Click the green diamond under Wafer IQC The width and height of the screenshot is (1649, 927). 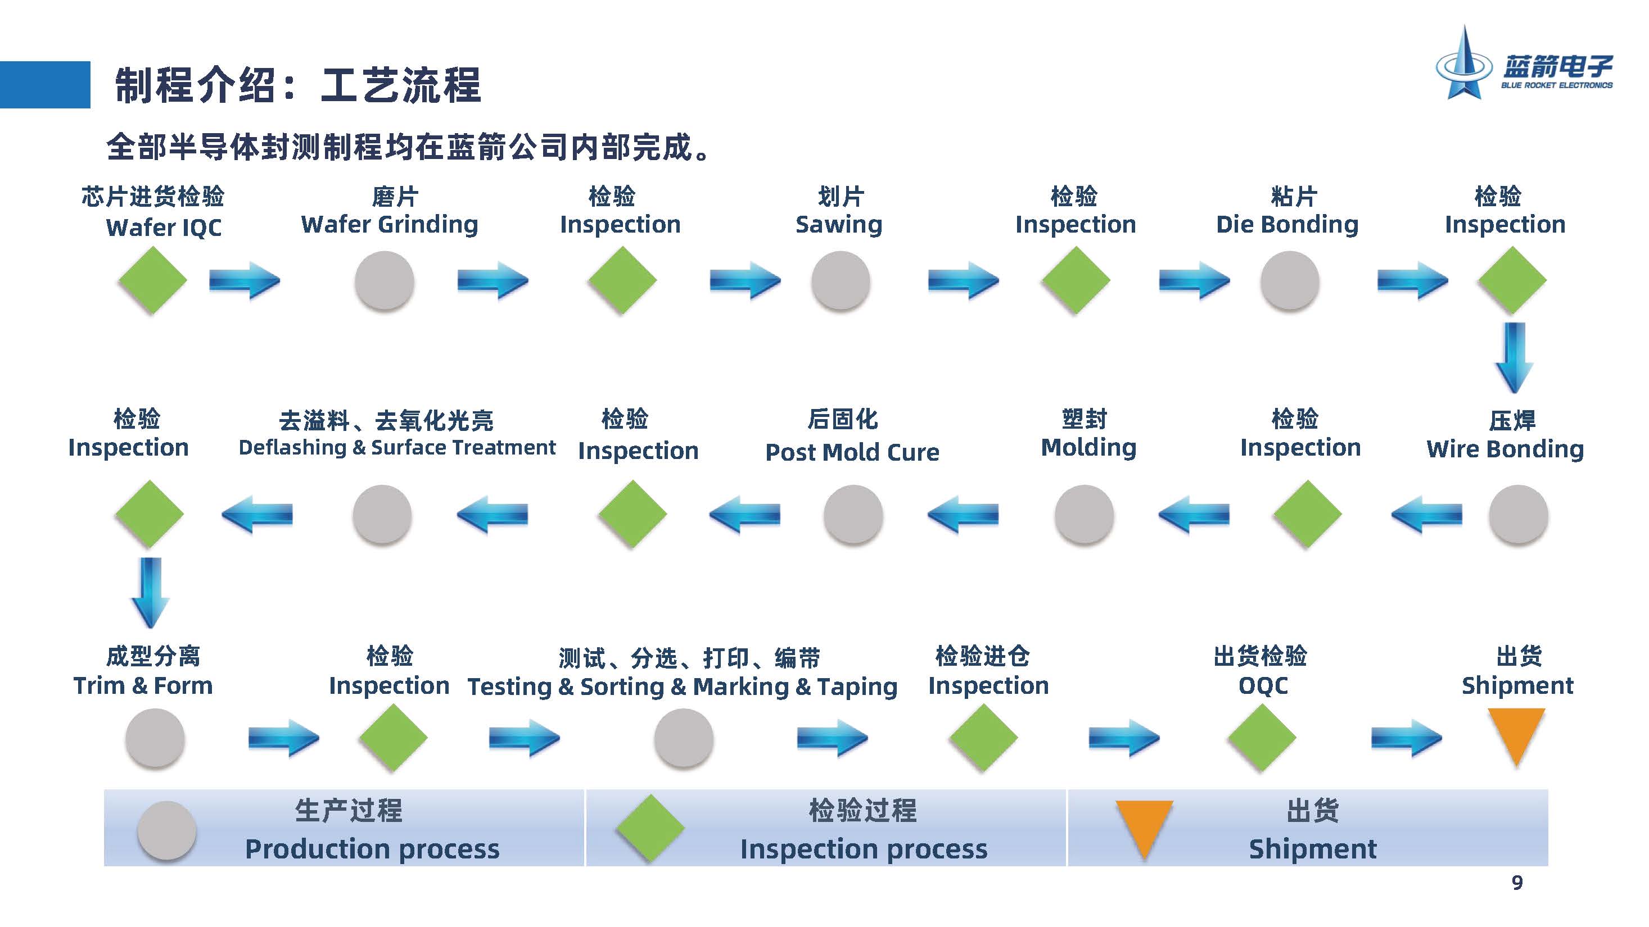click(152, 280)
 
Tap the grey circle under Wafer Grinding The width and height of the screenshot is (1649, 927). click(384, 280)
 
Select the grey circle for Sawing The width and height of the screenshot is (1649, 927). click(840, 280)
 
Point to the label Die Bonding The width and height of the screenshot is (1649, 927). click(1287, 224)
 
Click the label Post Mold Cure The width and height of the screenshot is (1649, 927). click(852, 452)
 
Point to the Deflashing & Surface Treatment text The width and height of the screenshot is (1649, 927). click(397, 447)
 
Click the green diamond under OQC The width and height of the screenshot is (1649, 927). click(1262, 738)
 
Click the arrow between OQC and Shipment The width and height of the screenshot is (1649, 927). click(1405, 739)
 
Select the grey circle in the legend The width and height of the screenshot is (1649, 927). click(166, 830)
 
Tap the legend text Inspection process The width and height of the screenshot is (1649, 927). click(864, 849)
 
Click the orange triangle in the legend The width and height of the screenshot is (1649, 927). click(1144, 825)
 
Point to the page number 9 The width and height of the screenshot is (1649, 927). click(1516, 883)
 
